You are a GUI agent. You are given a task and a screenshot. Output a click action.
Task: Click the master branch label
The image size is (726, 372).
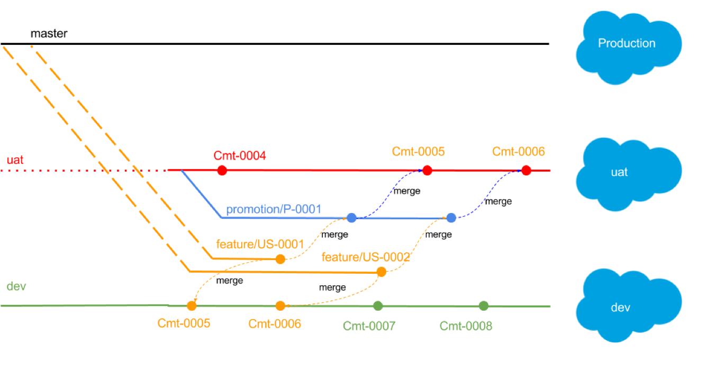click(x=49, y=33)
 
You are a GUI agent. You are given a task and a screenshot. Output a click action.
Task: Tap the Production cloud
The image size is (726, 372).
click(x=629, y=48)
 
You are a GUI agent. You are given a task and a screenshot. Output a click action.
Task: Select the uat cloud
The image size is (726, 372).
click(x=629, y=174)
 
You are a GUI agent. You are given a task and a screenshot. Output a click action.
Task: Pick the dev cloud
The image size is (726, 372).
click(x=629, y=305)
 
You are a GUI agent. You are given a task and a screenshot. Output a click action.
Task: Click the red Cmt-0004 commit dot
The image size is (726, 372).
click(x=222, y=170)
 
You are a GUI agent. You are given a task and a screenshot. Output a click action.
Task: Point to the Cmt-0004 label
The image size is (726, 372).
click(x=240, y=156)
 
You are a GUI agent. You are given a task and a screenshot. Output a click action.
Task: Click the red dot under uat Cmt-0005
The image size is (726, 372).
click(x=427, y=170)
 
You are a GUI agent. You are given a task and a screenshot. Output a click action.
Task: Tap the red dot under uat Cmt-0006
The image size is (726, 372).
click(x=527, y=170)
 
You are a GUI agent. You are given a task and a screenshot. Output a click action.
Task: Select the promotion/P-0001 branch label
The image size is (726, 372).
click(x=274, y=209)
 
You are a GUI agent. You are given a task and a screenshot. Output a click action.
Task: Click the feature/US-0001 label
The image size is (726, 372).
click(x=260, y=244)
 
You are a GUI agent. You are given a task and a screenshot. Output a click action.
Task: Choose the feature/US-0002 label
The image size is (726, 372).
click(x=366, y=257)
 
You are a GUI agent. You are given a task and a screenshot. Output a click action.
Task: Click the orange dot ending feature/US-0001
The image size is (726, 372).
click(x=280, y=259)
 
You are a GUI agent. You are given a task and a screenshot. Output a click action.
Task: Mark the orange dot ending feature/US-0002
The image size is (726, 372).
click(x=382, y=272)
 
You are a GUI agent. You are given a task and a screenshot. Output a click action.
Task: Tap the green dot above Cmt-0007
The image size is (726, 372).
click(x=378, y=305)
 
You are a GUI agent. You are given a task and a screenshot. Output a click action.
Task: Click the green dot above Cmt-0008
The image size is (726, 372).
click(x=484, y=305)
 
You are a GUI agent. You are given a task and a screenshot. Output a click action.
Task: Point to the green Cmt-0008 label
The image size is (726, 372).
click(x=466, y=326)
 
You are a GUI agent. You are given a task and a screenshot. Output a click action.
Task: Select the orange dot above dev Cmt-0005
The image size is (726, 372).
click(x=192, y=305)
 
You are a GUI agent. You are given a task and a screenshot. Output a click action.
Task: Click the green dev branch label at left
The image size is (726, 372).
click(x=16, y=286)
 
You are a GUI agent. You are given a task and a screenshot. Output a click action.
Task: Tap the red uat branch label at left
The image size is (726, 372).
click(x=15, y=160)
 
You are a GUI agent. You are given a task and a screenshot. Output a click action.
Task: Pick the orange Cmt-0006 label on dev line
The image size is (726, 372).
click(x=275, y=324)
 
